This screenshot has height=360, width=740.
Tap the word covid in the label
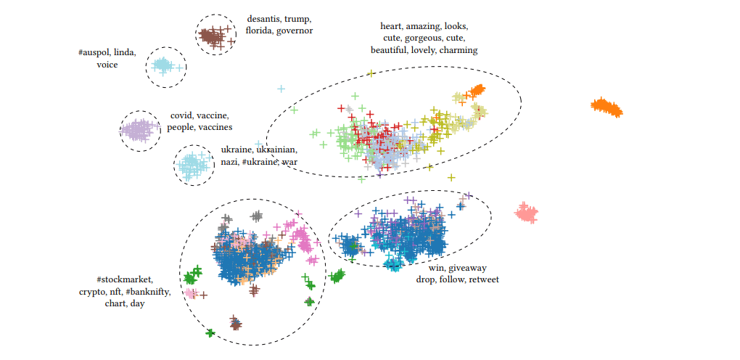tap(181, 115)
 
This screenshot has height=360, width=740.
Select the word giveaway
tap(470, 267)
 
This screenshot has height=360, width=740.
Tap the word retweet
tap(483, 279)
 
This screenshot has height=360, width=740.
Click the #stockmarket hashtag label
tap(125, 279)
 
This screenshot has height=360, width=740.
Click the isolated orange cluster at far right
tap(607, 107)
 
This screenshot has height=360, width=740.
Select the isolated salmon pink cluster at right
tap(527, 213)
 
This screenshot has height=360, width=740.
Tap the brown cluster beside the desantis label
tap(215, 36)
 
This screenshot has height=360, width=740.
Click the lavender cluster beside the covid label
tap(139, 131)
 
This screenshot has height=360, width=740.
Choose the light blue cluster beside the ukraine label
tap(193, 165)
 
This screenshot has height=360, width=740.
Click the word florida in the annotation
tap(260, 30)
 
